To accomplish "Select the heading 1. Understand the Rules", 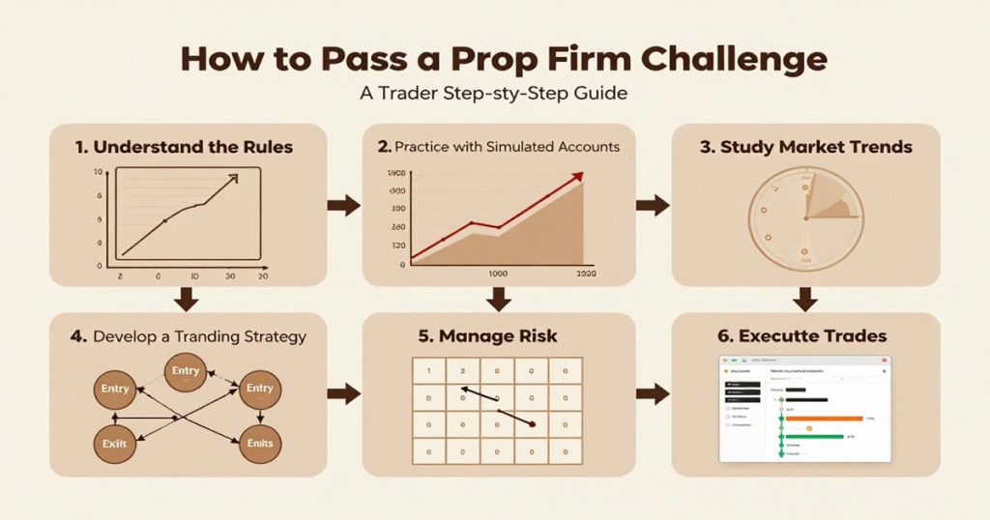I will [184, 147].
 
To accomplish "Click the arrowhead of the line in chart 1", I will [233, 179].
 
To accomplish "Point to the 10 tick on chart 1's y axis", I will [98, 172].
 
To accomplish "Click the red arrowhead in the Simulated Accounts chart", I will [577, 176].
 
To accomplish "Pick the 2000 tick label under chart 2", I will [586, 274].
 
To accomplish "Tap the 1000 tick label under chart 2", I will [498, 274].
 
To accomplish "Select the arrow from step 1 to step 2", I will [342, 205].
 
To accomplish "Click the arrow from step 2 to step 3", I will [654, 205].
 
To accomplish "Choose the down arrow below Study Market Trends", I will [805, 300].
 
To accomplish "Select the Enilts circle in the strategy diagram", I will [259, 443].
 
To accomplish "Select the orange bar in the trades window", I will [823, 419].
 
